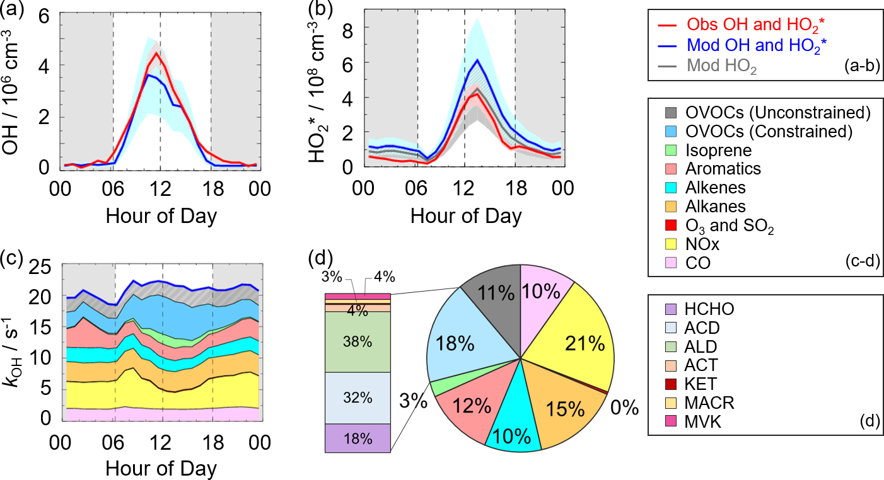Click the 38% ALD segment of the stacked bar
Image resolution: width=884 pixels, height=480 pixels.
[x=358, y=341]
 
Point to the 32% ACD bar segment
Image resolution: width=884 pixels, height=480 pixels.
[x=358, y=397]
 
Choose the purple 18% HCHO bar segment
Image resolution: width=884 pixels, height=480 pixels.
[x=358, y=438]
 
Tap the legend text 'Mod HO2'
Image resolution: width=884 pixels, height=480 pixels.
[x=721, y=64]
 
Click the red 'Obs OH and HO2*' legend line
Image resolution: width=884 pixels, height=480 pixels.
[x=668, y=25]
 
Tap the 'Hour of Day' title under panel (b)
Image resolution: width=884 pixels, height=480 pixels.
[x=466, y=216]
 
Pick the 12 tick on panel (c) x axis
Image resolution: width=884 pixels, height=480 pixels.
[x=162, y=442]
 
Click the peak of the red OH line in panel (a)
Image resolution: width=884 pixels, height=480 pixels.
[x=155, y=53]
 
